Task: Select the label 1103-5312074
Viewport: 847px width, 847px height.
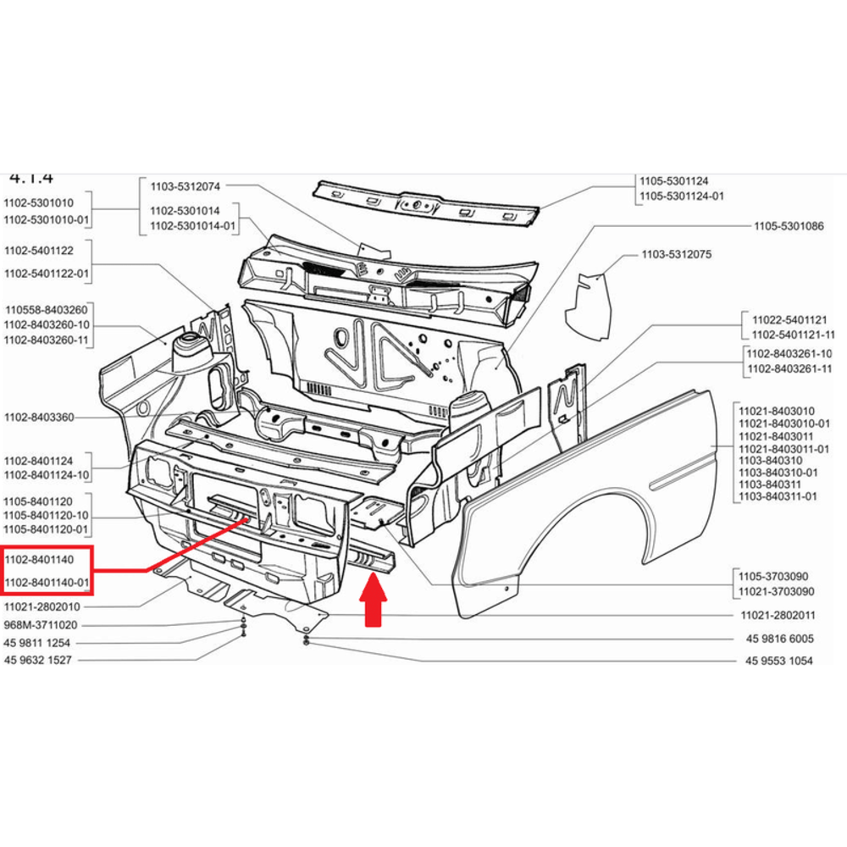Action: click(x=185, y=186)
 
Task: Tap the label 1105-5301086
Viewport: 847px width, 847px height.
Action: click(x=789, y=226)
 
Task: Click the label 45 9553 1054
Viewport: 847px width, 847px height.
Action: click(x=779, y=661)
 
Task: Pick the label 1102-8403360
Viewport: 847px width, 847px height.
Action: click(x=39, y=418)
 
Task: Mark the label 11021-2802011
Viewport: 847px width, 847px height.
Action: click(x=780, y=616)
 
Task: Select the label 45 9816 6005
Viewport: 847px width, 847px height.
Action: click(x=779, y=639)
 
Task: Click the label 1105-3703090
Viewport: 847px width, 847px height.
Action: click(x=775, y=575)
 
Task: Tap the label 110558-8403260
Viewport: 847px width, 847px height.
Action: click(x=46, y=310)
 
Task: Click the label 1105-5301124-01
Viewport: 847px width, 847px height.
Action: click(x=682, y=197)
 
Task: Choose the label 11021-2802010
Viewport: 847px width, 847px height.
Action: click(x=42, y=607)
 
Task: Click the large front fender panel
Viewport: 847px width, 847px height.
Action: click(x=593, y=508)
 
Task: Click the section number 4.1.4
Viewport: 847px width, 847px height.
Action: click(x=30, y=177)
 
